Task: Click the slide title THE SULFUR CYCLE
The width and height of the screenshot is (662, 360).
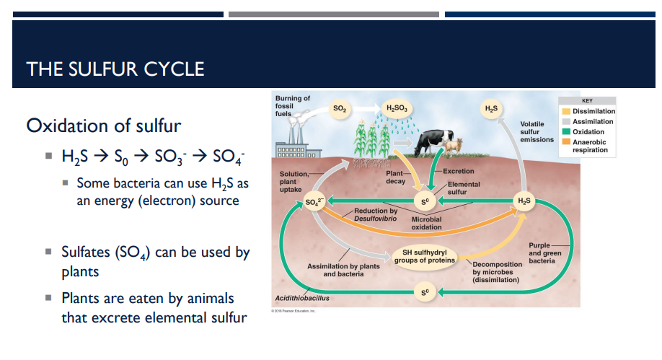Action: click(115, 69)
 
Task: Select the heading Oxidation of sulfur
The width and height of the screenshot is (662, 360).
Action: click(103, 126)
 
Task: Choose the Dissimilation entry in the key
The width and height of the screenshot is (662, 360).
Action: click(593, 111)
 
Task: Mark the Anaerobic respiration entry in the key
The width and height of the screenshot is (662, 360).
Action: click(589, 146)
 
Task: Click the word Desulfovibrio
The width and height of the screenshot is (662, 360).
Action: click(375, 217)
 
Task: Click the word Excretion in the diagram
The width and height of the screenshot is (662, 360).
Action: click(458, 171)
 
